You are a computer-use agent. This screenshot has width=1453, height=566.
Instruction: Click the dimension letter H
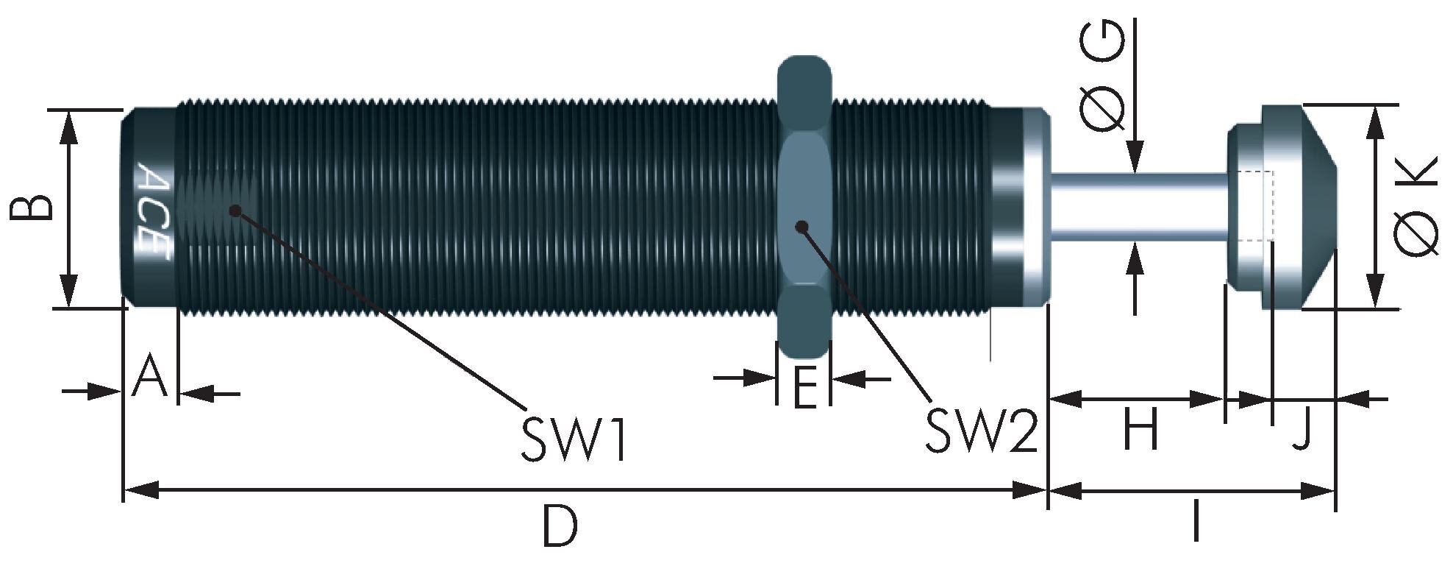pyautogui.click(x=1141, y=430)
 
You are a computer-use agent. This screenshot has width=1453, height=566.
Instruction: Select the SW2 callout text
pyautogui.click(x=980, y=431)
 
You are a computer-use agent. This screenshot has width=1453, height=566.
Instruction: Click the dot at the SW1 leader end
pyautogui.click(x=235, y=211)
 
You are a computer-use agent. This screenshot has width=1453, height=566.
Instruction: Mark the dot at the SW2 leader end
pyautogui.click(x=802, y=226)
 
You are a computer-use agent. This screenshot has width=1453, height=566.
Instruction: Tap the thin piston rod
pyautogui.click(x=1140, y=208)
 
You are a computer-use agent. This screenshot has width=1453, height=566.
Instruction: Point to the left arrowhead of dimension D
pyautogui.click(x=140, y=489)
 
